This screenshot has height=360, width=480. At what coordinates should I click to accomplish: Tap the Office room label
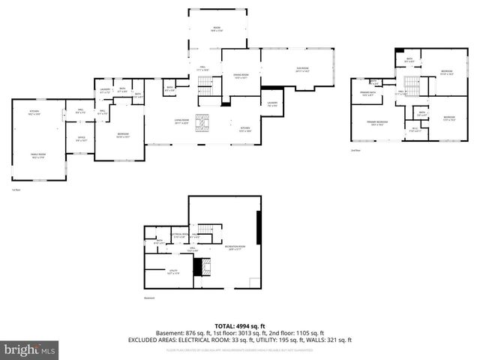[x=81, y=139]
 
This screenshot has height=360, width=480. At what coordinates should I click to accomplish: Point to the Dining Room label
[x=240, y=76]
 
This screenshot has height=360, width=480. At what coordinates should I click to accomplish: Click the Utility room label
[x=172, y=273]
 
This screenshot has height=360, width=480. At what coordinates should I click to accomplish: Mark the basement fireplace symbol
[x=199, y=267]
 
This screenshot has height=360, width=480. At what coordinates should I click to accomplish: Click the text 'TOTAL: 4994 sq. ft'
[x=240, y=324]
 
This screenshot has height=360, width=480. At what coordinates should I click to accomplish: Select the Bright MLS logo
[x=30, y=349]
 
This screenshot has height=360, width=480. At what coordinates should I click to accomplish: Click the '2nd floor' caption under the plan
[x=356, y=150]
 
